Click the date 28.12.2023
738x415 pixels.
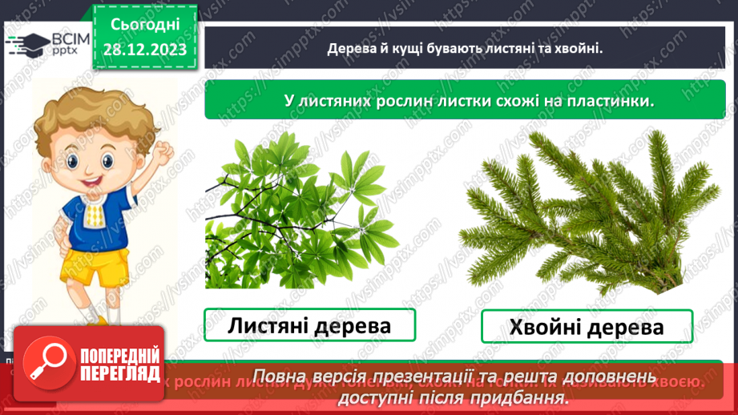point(145,49)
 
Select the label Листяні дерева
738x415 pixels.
point(309,325)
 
